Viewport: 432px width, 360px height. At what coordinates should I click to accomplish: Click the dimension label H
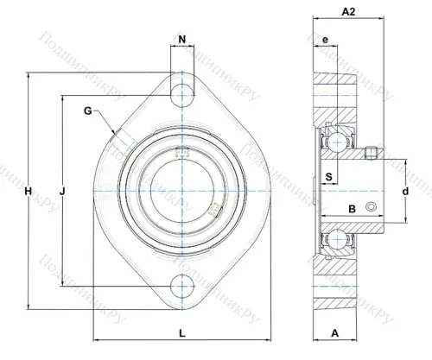click(x=28, y=191)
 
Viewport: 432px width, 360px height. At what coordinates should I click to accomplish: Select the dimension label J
click(x=62, y=191)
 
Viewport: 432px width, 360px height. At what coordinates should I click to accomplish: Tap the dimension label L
click(x=182, y=333)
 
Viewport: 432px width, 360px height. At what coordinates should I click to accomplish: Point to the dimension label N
click(x=182, y=39)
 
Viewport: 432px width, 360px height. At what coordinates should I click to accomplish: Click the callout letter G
click(x=88, y=111)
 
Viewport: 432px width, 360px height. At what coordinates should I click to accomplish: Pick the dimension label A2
click(x=348, y=11)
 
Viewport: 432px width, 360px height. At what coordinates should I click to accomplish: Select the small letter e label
click(x=325, y=40)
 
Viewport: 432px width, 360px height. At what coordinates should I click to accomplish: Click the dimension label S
click(x=329, y=177)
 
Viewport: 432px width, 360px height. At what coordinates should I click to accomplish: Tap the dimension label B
click(x=353, y=209)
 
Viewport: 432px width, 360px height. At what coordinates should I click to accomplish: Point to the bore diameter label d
click(x=405, y=191)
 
